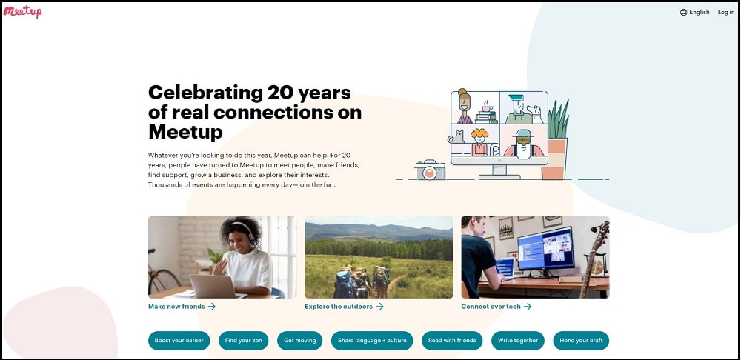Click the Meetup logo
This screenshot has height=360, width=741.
(x=23, y=12)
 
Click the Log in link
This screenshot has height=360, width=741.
(x=726, y=13)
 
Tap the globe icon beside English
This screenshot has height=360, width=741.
(x=683, y=13)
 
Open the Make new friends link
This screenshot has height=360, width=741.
(x=182, y=306)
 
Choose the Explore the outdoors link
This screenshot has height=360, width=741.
(x=344, y=306)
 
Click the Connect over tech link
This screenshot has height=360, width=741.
(x=496, y=306)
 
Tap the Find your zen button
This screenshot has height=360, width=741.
(x=243, y=341)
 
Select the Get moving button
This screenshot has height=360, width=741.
(x=299, y=341)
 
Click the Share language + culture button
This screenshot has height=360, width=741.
(x=372, y=341)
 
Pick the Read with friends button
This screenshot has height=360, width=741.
(x=452, y=341)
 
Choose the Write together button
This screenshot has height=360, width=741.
(x=518, y=341)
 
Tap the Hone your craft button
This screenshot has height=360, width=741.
(x=581, y=341)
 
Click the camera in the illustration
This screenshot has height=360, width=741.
(x=430, y=170)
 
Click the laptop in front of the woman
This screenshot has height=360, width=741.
(x=213, y=286)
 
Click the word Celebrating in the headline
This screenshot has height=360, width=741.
(x=205, y=92)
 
